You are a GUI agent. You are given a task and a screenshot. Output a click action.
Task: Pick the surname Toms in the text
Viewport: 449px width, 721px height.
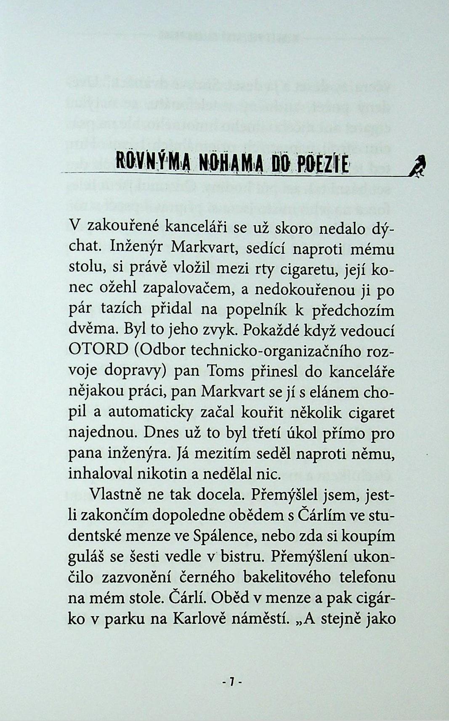[x=223, y=372]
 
